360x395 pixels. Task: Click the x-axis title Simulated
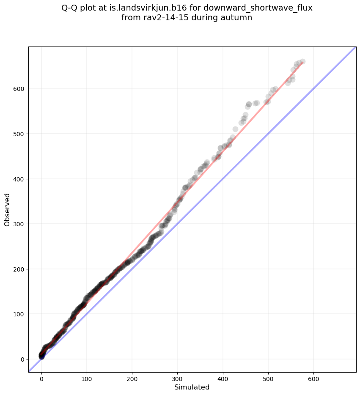tap(192, 387)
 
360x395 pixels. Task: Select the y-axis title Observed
tap(7, 209)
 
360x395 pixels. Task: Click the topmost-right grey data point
tap(302, 62)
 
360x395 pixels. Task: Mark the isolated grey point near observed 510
tap(235, 129)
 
